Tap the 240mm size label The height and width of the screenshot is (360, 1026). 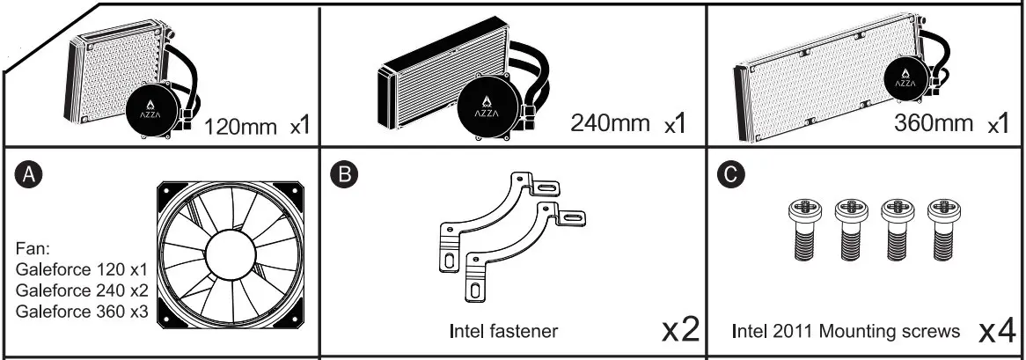tap(609, 121)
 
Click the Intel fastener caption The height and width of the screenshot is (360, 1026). tap(503, 332)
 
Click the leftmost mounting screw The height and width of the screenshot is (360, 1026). tap(803, 228)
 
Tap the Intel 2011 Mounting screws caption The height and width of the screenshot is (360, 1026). tap(846, 332)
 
